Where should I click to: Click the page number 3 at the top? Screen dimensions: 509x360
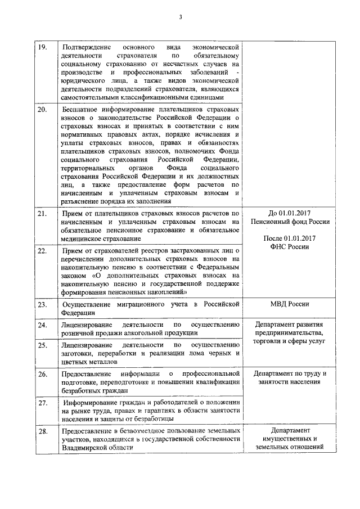[181, 16]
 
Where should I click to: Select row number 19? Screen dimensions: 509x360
[42, 46]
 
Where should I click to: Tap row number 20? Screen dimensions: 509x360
[42, 109]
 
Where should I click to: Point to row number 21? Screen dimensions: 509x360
[42, 214]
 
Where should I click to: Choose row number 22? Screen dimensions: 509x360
[42, 250]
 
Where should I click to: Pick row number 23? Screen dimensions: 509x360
[42, 304]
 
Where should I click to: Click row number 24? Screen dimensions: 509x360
[42, 325]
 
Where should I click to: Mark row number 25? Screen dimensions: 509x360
[42, 344]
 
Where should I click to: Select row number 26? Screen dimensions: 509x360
[42, 373]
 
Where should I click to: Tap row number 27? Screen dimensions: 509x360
[42, 403]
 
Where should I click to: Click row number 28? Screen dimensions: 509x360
[42, 430]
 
